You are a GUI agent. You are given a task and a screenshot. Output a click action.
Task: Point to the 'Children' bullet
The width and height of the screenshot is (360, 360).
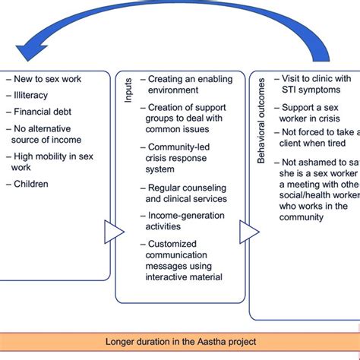[x=33, y=183]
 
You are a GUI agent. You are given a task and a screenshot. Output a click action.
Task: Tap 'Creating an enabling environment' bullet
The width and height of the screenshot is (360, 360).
[x=188, y=84]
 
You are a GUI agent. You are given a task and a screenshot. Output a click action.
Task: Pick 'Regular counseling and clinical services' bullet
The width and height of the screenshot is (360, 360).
[x=187, y=193]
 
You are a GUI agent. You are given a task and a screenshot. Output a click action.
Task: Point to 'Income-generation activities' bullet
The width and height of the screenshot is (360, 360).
[x=186, y=221]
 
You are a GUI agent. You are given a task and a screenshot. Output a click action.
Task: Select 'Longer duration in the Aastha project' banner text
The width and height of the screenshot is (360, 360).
[x=180, y=343]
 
